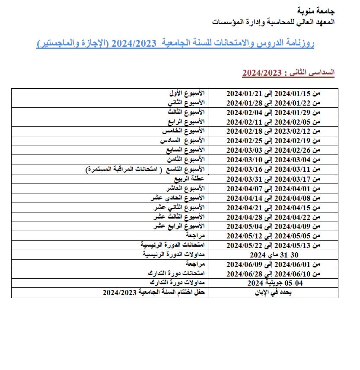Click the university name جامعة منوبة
[x=317, y=10]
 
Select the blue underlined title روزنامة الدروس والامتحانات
[x=175, y=44]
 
